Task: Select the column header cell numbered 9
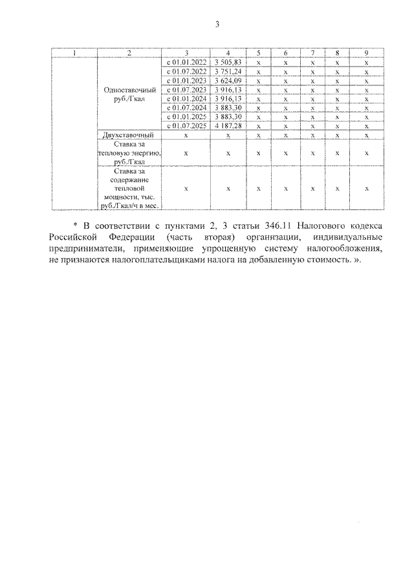366,53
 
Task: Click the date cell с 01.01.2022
186,62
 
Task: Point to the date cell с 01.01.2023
186,80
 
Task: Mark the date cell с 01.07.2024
186,107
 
